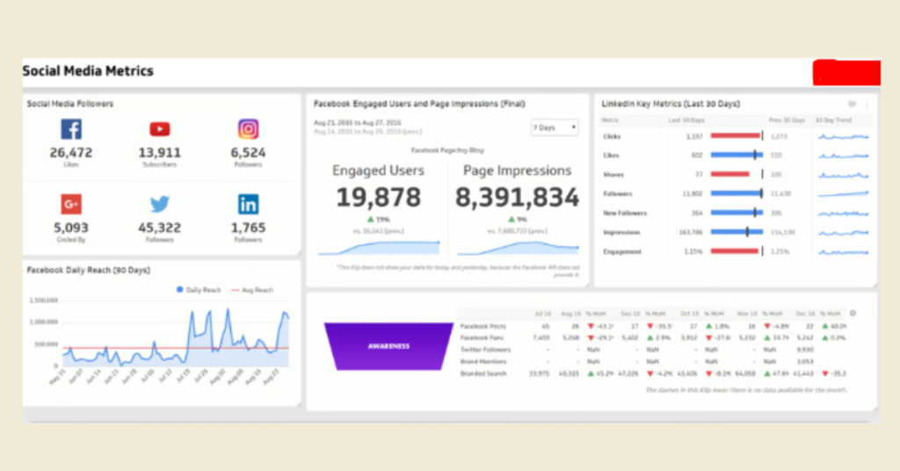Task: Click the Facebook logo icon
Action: coord(71,130)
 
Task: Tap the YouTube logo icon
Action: coord(159,130)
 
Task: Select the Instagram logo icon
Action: coord(248,130)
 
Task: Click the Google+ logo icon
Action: coord(71,205)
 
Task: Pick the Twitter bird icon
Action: coord(159,205)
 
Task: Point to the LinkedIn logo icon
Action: coord(248,205)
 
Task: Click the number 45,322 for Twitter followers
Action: coord(159,228)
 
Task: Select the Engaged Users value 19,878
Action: coord(377,198)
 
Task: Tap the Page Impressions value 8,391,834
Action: coord(517,198)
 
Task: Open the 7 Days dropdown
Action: coord(554,127)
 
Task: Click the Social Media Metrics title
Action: coord(88,71)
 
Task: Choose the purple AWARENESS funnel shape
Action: coord(388,345)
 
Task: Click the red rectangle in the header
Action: coord(846,73)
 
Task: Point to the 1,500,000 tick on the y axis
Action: coord(43,300)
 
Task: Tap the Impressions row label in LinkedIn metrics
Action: coord(622,233)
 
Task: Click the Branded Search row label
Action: coord(483,373)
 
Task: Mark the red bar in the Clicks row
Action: coord(735,136)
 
